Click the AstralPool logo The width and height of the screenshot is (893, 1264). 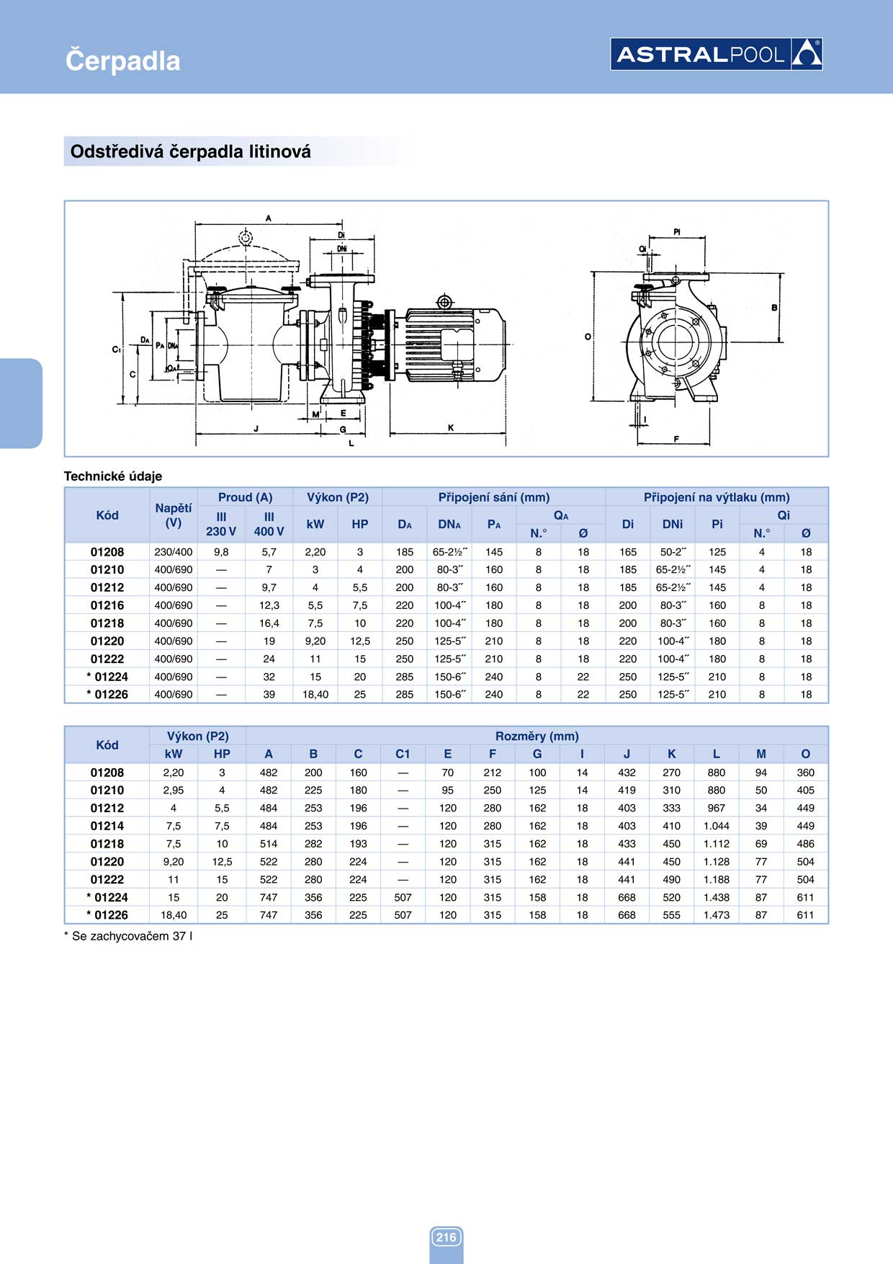[716, 54]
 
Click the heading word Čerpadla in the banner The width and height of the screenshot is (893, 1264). [122, 61]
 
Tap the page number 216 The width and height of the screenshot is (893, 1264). [446, 1237]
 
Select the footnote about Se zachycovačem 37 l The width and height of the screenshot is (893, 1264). [128, 936]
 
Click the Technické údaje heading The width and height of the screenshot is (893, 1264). [113, 476]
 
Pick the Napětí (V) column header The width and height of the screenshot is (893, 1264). [173, 515]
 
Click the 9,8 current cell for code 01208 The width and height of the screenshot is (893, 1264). [221, 552]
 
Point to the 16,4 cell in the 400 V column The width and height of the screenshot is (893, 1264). [269, 623]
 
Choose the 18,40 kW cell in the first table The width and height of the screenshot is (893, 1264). [315, 695]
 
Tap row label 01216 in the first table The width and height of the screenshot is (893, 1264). [107, 605]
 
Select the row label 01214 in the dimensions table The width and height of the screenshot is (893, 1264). [107, 826]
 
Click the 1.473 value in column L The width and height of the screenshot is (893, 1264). [716, 915]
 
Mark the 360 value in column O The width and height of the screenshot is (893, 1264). [805, 773]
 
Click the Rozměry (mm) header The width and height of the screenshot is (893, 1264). [537, 736]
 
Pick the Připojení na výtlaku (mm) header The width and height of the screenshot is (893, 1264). [716, 497]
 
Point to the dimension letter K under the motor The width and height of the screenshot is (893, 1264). [451, 427]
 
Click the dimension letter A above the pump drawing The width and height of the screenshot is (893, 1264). [269, 218]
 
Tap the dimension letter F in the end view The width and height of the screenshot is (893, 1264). [676, 438]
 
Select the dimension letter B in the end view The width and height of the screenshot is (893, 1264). [774, 308]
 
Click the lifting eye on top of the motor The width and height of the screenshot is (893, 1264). [444, 301]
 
